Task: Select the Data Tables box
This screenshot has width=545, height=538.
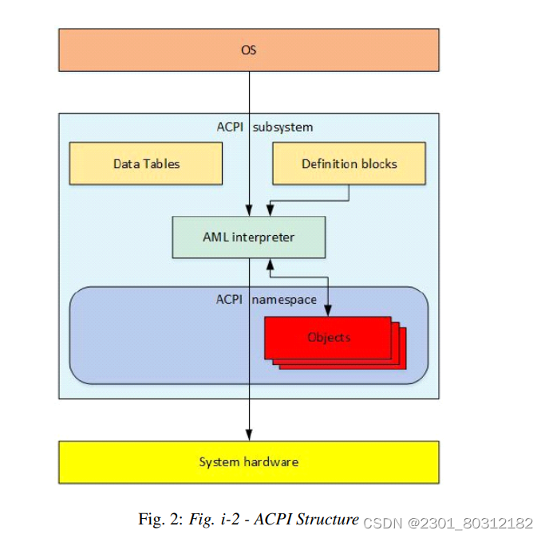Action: (145, 163)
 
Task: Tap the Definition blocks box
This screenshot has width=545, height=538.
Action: (349, 163)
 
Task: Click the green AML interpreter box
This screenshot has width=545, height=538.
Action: (248, 237)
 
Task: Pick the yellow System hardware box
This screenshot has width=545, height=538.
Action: (248, 461)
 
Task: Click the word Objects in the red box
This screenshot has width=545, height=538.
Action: (329, 337)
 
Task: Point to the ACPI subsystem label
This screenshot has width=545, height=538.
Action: (265, 127)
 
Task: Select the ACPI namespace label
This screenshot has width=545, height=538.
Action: (266, 300)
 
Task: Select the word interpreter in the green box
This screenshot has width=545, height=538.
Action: (263, 237)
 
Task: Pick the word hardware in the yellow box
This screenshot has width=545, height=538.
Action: (271, 461)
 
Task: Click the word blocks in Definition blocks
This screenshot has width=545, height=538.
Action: (378, 163)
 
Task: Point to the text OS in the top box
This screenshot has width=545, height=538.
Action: (248, 49)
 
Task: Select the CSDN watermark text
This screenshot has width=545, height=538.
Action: (448, 523)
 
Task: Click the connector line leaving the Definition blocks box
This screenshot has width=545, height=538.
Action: (349, 193)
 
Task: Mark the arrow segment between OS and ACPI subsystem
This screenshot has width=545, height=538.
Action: (249, 92)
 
